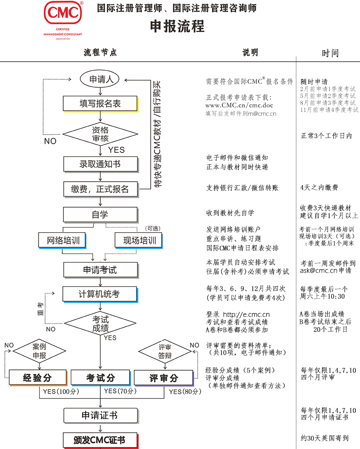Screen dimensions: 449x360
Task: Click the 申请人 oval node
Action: coord(100,79)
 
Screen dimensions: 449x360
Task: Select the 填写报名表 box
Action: coord(100,103)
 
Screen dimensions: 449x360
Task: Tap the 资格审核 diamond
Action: coord(100,134)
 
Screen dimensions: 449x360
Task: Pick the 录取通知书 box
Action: coord(100,164)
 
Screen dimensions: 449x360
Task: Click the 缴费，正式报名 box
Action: coord(100,189)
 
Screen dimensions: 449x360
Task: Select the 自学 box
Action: coord(100,214)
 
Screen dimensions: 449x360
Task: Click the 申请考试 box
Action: coord(100,270)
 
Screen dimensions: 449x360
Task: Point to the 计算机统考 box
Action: coord(100,294)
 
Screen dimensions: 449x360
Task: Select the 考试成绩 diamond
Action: coord(100,324)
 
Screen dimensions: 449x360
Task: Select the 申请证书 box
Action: coord(100,415)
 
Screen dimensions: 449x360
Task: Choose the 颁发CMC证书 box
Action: coord(100,440)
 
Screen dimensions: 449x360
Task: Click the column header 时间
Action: coord(330,53)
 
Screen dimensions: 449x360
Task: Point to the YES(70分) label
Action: coord(120,391)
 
